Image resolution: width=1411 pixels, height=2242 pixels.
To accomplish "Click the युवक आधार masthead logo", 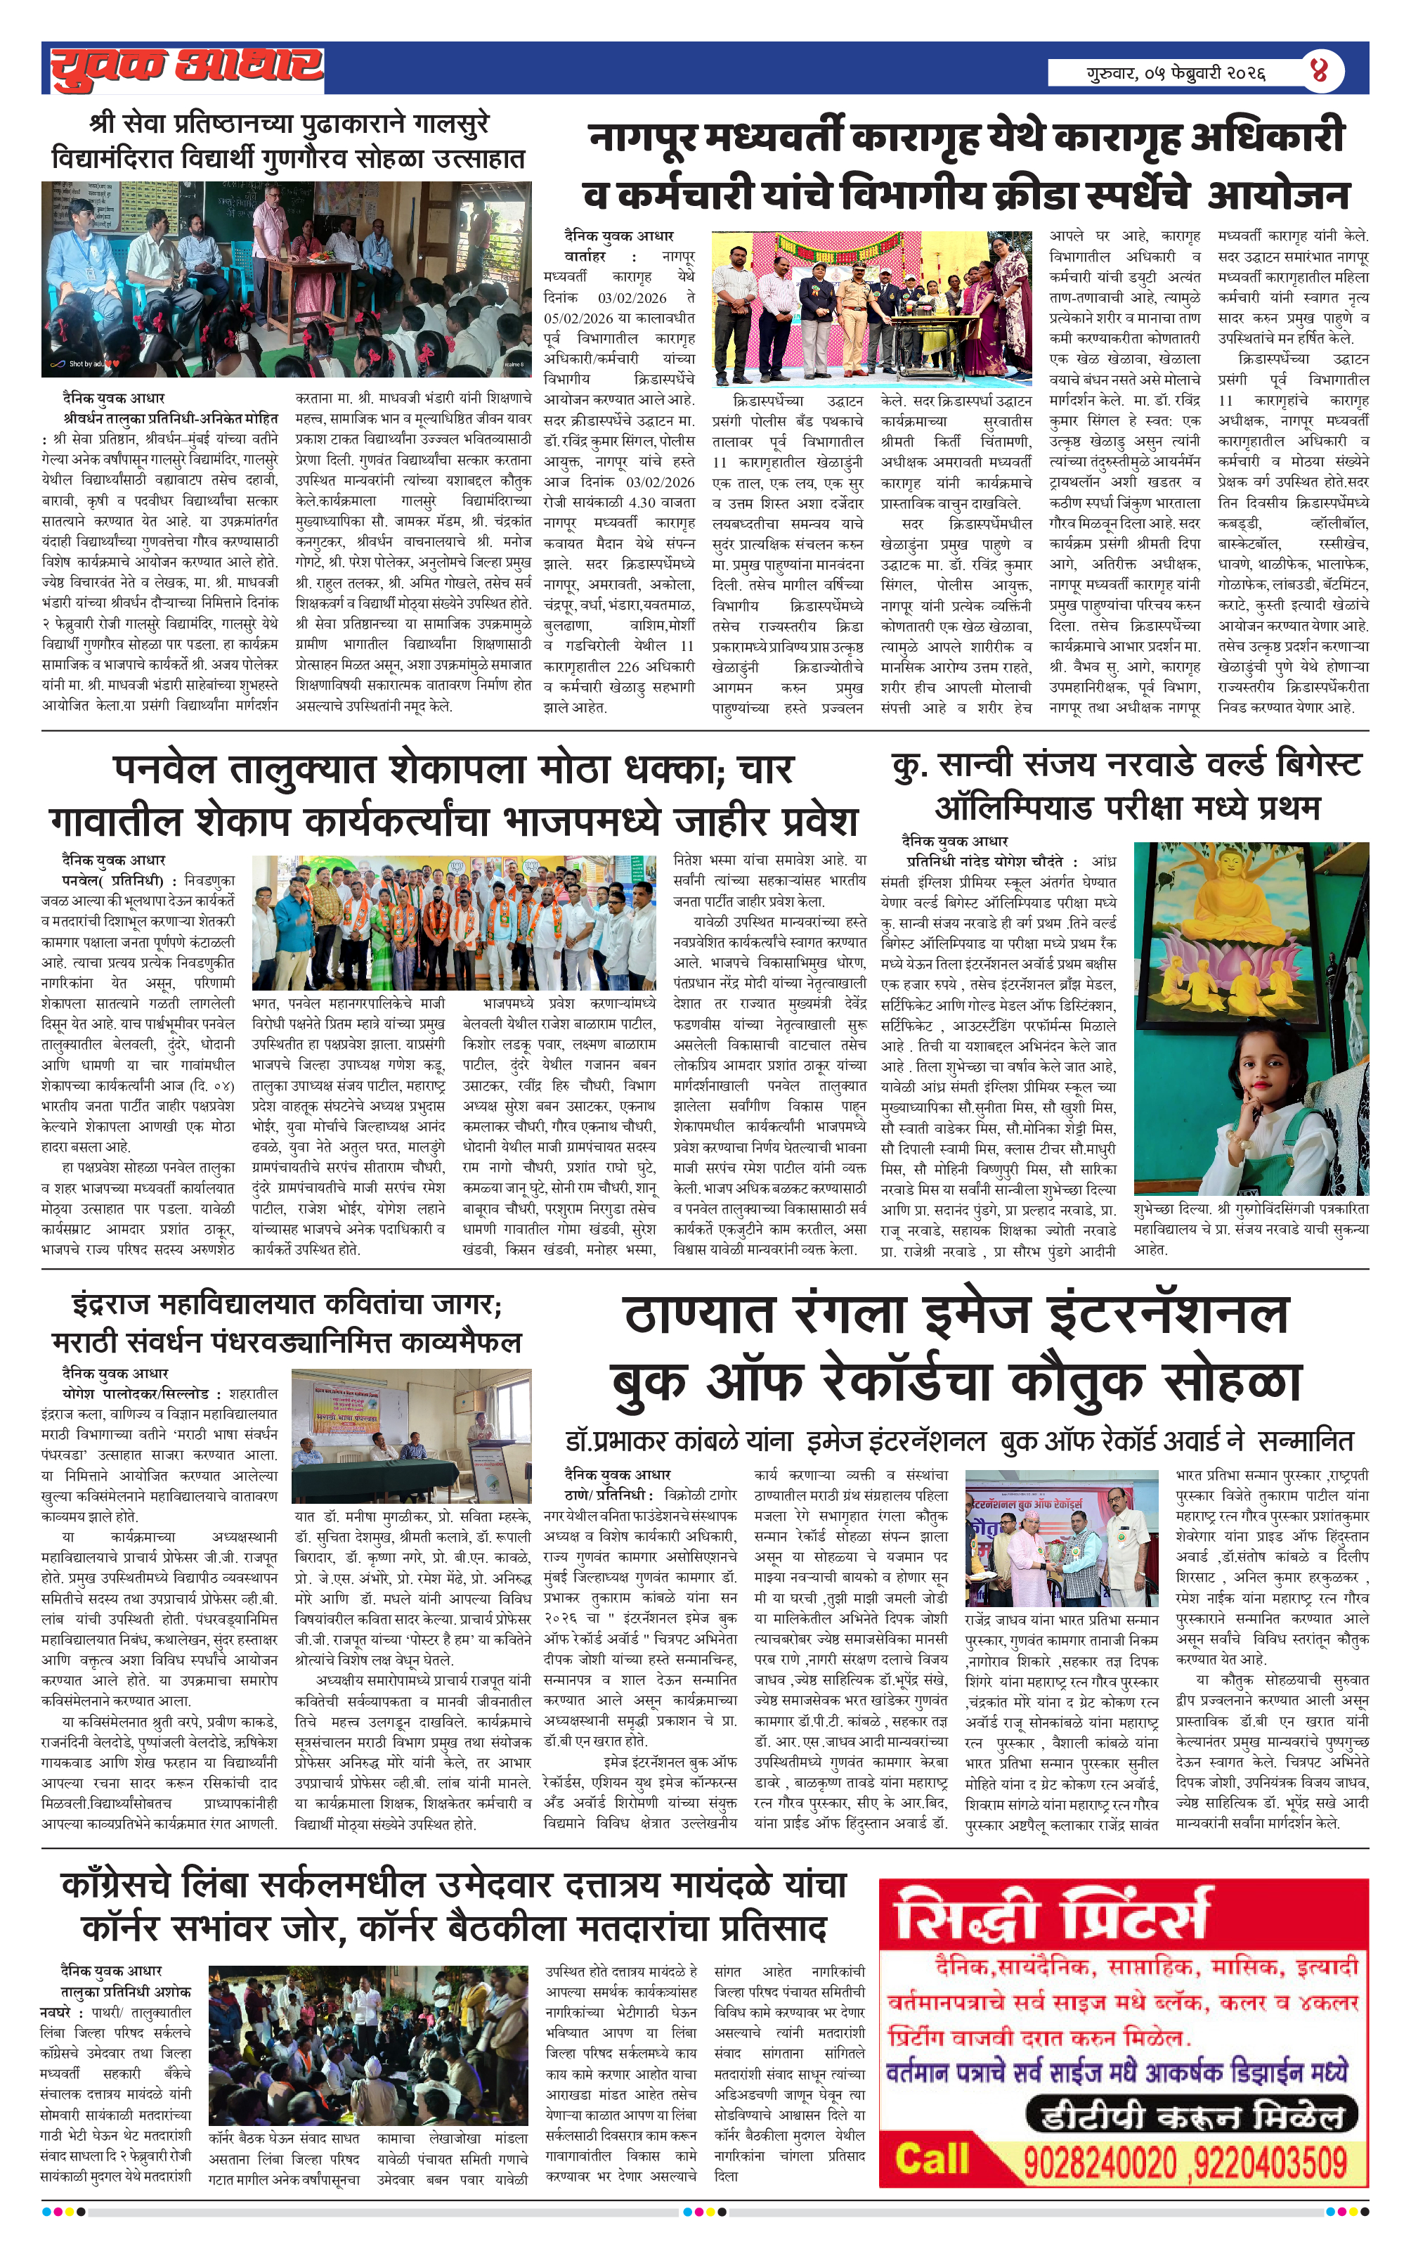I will pos(187,67).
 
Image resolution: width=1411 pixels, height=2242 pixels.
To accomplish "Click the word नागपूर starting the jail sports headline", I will pos(643,138).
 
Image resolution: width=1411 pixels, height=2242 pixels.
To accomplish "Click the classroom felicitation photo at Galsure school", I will pos(286,278).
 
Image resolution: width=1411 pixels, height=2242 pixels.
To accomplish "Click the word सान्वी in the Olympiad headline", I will pos(990,766).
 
